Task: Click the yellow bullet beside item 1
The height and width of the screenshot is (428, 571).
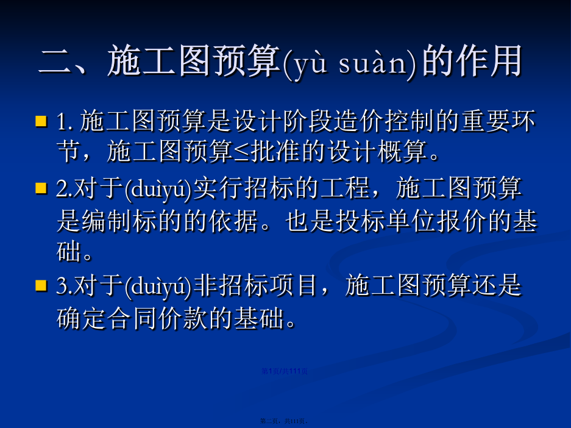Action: tap(41, 121)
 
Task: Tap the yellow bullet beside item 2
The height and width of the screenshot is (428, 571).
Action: tap(41, 188)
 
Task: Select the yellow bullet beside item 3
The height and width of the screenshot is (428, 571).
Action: tap(41, 285)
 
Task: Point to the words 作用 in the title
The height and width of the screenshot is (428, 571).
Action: tap(472, 61)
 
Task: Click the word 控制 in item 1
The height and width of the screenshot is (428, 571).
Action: tap(410, 121)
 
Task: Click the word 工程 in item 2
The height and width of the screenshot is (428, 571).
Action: tap(346, 188)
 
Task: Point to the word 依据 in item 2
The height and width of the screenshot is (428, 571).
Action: tap(234, 221)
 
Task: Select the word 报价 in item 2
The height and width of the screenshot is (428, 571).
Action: tap(462, 221)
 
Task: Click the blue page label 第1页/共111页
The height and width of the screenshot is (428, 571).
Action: tap(285, 371)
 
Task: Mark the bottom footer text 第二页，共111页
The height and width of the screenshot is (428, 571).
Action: tap(285, 421)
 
